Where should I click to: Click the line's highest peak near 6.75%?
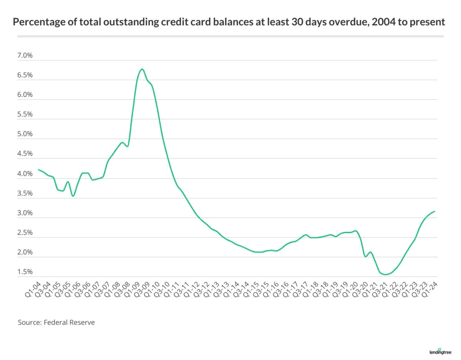point(142,69)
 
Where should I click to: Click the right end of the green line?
point(434,211)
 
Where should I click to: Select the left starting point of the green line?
point(39,169)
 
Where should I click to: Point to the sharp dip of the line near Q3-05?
point(73,196)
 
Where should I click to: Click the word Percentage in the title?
point(39,22)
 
